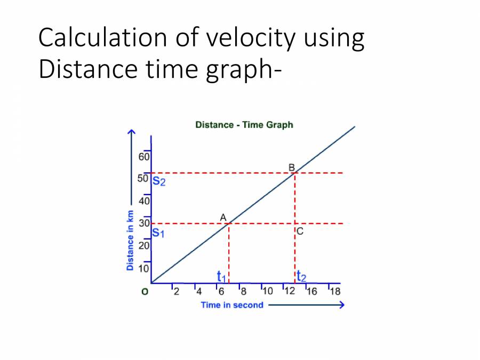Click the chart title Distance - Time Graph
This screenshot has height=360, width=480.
coord(244,125)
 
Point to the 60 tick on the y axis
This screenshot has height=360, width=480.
coord(145,157)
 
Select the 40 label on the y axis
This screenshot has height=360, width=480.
coord(145,202)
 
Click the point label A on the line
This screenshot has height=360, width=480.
coord(223,217)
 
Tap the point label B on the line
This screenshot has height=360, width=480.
coord(292,167)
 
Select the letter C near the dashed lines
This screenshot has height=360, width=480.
coord(300,231)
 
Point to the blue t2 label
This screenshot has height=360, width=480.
coord(301,276)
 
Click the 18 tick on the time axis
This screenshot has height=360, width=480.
coord(335,291)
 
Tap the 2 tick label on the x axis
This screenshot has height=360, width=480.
coord(177,291)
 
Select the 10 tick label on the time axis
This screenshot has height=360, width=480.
coord(268,291)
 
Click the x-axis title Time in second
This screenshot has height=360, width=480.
coord(232,305)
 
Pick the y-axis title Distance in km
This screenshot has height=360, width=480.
coord(130,240)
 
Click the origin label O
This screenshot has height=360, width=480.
coord(144,292)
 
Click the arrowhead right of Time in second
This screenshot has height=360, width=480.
coord(341,305)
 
